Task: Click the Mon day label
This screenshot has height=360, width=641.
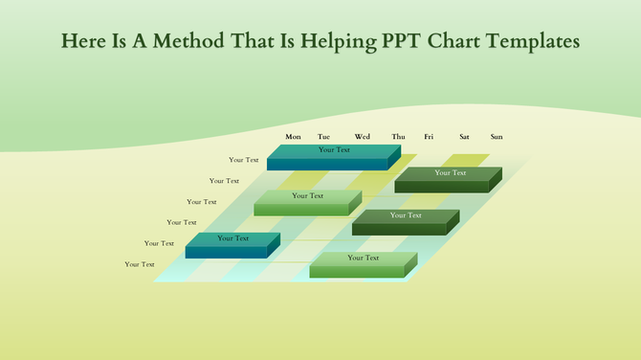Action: [293, 137]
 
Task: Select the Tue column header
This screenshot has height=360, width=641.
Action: [324, 137]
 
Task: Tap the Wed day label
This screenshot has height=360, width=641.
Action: [363, 137]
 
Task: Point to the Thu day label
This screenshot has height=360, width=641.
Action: [398, 137]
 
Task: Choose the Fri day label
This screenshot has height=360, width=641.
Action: [430, 137]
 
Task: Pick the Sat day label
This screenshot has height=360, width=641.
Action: [464, 137]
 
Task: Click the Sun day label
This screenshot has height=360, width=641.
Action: [497, 137]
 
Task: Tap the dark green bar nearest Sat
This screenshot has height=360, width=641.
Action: [449, 177]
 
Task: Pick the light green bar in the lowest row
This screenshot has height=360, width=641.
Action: [363, 263]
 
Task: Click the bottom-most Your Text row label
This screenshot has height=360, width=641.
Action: [140, 264]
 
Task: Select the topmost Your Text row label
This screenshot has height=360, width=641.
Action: [244, 160]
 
